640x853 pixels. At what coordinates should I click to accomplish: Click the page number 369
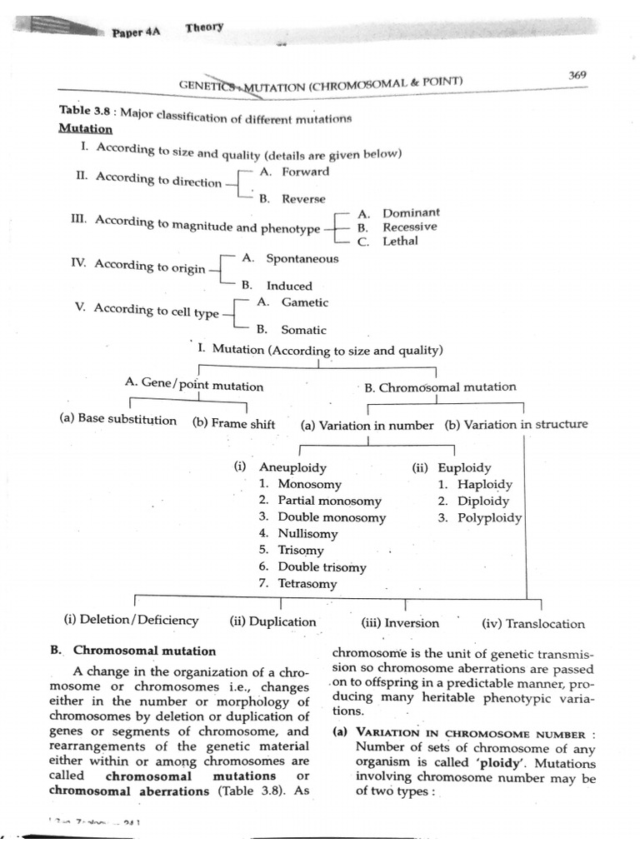(x=577, y=74)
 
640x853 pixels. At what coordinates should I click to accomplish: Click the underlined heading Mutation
(x=85, y=129)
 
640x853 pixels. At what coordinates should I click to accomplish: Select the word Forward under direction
(x=305, y=172)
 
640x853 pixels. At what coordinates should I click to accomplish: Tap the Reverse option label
(x=303, y=199)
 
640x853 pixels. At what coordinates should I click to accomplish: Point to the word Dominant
(x=411, y=213)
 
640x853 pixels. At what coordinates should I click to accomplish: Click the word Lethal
(x=400, y=241)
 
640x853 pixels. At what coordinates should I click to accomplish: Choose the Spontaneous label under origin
(x=302, y=258)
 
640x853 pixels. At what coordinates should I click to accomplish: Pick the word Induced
(x=289, y=286)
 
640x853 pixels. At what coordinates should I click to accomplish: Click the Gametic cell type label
(x=304, y=302)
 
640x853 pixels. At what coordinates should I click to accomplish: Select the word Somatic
(x=303, y=330)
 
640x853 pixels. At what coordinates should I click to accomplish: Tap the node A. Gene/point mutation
(x=193, y=386)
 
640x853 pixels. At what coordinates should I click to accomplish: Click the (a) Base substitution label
(x=118, y=420)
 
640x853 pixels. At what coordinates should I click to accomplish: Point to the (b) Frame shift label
(x=233, y=423)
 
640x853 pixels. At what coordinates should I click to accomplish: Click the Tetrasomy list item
(x=307, y=583)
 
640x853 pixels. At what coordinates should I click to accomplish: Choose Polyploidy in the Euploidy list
(x=489, y=517)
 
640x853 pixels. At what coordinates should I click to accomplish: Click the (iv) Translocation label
(x=532, y=623)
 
